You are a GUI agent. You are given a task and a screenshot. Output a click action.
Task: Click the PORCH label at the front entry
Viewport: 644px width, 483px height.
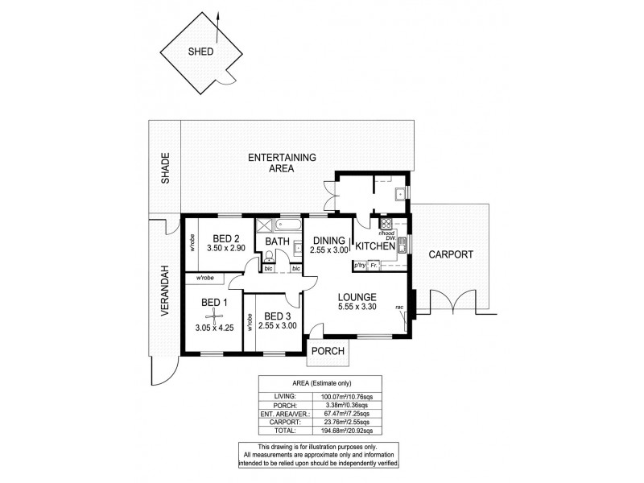coord(328,352)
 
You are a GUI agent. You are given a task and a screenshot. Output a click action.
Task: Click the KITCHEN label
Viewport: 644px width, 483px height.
coord(375,246)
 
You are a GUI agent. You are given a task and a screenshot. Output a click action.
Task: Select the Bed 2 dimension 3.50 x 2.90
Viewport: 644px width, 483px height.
coord(226,250)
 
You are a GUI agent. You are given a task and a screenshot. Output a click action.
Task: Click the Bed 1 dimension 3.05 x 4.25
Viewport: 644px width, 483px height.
coord(213,328)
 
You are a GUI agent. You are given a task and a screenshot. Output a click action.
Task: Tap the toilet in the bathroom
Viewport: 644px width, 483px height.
coord(269,258)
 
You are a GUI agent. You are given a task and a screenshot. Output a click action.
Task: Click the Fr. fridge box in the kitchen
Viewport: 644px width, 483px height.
coord(374,264)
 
